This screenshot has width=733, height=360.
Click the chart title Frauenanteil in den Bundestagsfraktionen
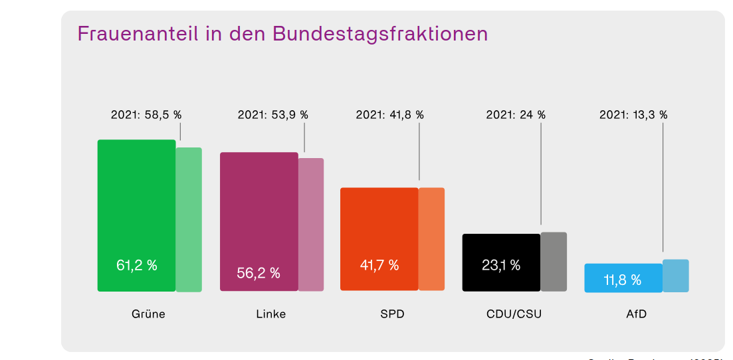click(282, 34)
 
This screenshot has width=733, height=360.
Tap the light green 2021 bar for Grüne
click(189, 219)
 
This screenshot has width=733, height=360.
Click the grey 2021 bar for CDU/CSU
click(554, 262)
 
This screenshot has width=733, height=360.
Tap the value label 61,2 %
click(137, 266)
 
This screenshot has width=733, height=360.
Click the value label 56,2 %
click(259, 273)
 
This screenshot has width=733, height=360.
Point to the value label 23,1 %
click(501, 266)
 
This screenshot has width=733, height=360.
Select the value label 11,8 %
click(623, 280)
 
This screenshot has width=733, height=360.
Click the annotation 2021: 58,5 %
click(146, 114)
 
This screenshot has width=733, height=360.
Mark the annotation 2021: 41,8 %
click(390, 114)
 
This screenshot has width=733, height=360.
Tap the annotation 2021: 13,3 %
click(633, 114)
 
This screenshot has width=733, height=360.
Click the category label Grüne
click(148, 314)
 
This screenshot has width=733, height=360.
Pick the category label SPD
click(392, 314)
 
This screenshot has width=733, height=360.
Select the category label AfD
click(636, 314)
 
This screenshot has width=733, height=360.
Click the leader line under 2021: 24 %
click(541, 173)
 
